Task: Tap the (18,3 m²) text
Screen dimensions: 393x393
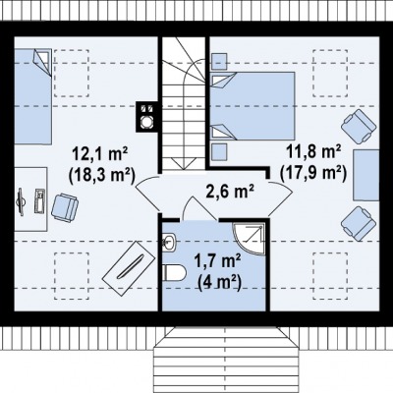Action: coord(102,176)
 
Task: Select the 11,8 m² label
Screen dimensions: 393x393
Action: coord(314,151)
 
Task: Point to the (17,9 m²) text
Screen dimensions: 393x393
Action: coord(313,173)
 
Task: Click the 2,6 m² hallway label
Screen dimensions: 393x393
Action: coord(230,192)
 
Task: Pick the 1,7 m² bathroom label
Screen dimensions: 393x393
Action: coord(218,261)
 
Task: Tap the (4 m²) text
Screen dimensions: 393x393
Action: coord(219,282)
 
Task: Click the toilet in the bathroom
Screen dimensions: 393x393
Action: coord(174,272)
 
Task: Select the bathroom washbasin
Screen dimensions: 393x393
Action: coord(169,242)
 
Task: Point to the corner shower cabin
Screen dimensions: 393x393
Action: coord(250,239)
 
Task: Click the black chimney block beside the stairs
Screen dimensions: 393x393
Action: coord(147,117)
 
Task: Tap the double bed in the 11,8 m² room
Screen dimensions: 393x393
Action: coord(253,106)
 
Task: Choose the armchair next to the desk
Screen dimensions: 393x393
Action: coord(65,208)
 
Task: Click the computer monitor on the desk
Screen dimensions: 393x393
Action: coord(21,202)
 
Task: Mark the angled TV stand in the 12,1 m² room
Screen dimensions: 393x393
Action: coord(129,268)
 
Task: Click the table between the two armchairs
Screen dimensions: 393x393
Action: coord(366,175)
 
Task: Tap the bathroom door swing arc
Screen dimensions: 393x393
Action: coord(198,205)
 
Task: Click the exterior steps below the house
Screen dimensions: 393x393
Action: coord(225,360)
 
